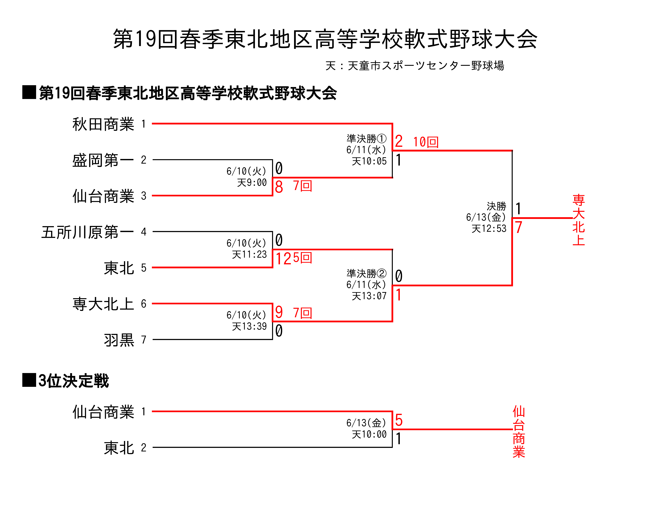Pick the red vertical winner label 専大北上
pos(579,220)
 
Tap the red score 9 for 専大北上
pos(279,312)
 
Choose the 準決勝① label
pos(366,139)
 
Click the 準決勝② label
pos(366,273)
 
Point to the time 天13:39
pos(249,326)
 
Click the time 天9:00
pos(252,182)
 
